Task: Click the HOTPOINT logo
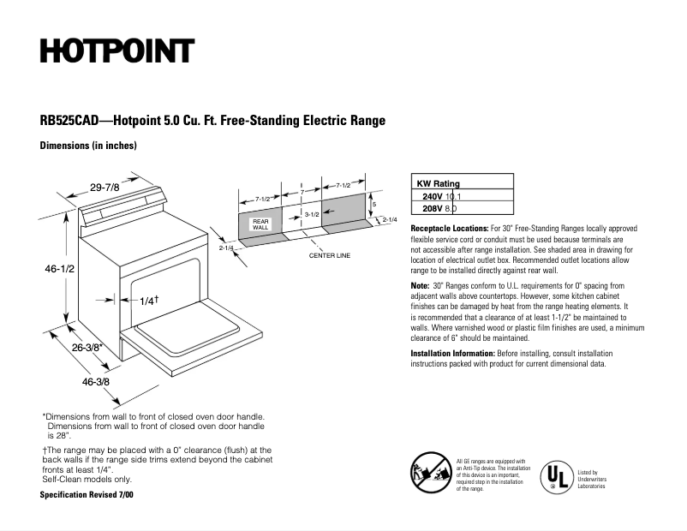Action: click(x=116, y=51)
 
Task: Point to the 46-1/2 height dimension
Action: click(x=61, y=269)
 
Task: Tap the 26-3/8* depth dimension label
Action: click(x=87, y=347)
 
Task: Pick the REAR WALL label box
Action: click(x=260, y=224)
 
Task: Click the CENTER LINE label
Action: click(x=330, y=255)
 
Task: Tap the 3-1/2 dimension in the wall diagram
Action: click(x=312, y=213)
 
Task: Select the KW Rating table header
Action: click(x=438, y=183)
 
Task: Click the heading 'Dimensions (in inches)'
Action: click(x=88, y=146)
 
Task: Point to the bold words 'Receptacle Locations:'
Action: click(x=450, y=230)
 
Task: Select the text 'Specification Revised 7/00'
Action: click(x=87, y=495)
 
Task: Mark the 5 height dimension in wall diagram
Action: click(x=373, y=204)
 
